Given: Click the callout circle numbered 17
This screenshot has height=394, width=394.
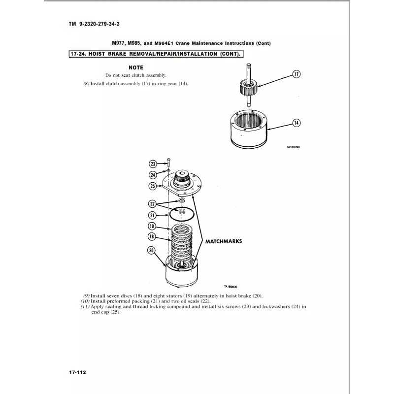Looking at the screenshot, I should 296,74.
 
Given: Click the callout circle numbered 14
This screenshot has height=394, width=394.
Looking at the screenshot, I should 296,123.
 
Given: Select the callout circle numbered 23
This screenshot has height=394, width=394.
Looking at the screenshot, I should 153,164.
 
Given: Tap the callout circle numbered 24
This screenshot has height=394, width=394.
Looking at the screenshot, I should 153,174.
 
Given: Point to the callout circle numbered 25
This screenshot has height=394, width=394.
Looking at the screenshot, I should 153,186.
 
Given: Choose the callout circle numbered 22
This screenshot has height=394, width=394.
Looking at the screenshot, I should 153,203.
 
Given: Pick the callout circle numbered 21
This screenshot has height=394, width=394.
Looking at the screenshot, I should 153,215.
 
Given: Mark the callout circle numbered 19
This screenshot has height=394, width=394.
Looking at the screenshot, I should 153,226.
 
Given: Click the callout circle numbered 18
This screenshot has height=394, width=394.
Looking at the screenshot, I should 153,237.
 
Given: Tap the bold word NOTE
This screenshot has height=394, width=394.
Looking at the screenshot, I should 135,67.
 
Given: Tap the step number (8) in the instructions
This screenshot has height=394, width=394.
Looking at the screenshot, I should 86,84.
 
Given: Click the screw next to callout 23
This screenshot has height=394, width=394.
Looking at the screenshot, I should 169,163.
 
